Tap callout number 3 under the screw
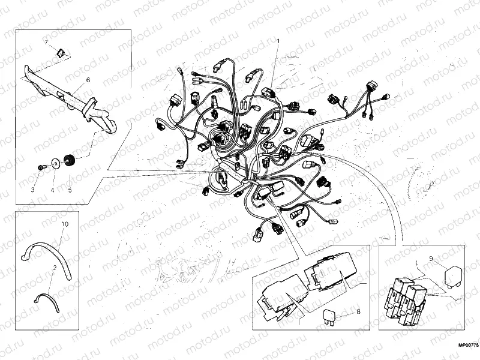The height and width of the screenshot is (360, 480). coord(34,190)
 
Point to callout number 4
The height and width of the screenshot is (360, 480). coord(52,190)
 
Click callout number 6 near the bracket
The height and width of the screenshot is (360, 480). coord(88,79)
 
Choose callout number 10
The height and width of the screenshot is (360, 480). coord(65,224)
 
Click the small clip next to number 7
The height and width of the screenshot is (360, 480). coord(60,52)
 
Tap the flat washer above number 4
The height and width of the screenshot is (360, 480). coord(55,161)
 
